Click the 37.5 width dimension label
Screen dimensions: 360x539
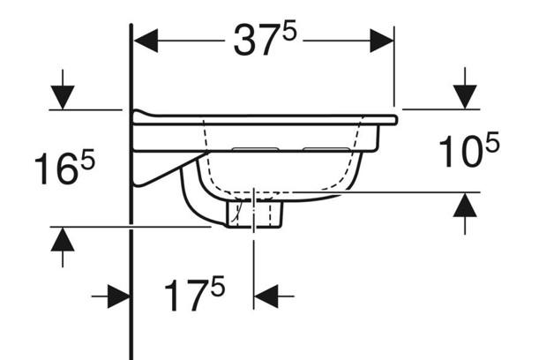262,41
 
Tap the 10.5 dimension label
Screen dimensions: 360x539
468,151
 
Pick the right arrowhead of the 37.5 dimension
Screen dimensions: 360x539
381,41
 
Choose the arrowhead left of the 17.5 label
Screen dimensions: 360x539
118,296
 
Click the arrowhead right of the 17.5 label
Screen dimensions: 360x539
266,296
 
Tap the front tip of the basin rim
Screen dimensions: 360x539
394,119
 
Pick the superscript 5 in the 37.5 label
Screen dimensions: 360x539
288,29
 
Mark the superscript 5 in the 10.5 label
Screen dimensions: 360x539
492,140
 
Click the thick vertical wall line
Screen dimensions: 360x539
131,265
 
